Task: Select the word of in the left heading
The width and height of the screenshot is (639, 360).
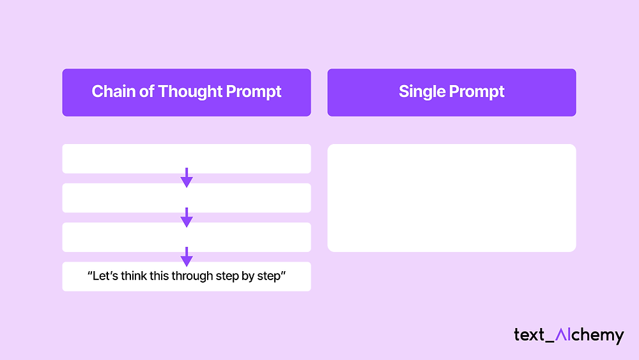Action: (x=147, y=91)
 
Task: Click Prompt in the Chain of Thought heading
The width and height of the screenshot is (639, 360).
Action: (x=254, y=91)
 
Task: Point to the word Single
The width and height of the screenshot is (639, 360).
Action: (x=422, y=91)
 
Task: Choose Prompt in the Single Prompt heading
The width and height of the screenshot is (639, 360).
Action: (x=477, y=91)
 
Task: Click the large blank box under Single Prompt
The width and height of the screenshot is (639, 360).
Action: (x=452, y=198)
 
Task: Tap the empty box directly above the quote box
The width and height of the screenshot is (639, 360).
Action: (x=187, y=237)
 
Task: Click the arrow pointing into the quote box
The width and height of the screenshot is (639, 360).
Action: (x=187, y=257)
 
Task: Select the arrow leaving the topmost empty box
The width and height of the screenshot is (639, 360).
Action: (x=187, y=178)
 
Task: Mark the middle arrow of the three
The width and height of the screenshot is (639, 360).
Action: (x=187, y=217)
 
